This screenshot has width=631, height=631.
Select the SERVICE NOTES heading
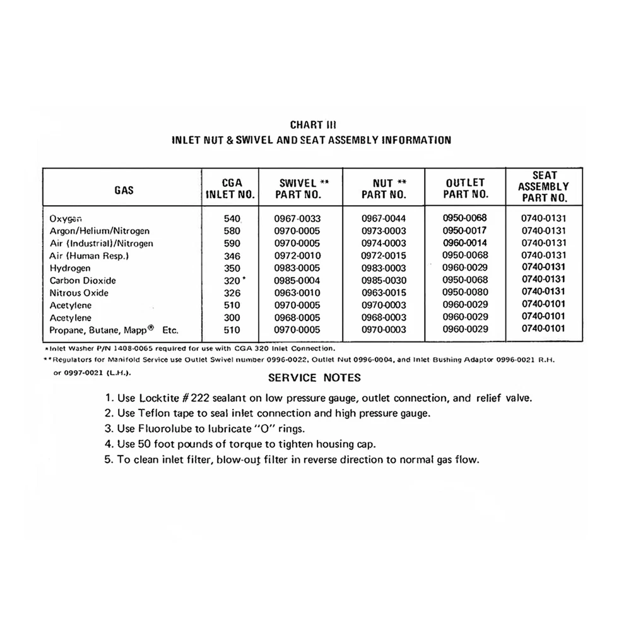pos(314,378)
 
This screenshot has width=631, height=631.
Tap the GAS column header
pos(124,189)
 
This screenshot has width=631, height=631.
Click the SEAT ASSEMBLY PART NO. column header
pos(543,186)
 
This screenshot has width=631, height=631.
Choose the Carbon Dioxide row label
pos(83,280)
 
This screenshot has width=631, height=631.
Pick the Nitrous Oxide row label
pos(79,293)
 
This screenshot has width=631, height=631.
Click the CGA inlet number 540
pos(232,219)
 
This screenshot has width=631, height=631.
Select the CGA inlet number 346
pos(232,256)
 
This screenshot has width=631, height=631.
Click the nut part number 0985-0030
pos(384,280)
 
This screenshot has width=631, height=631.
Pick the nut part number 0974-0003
pos(384,244)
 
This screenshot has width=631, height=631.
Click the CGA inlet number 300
pos(232,317)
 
